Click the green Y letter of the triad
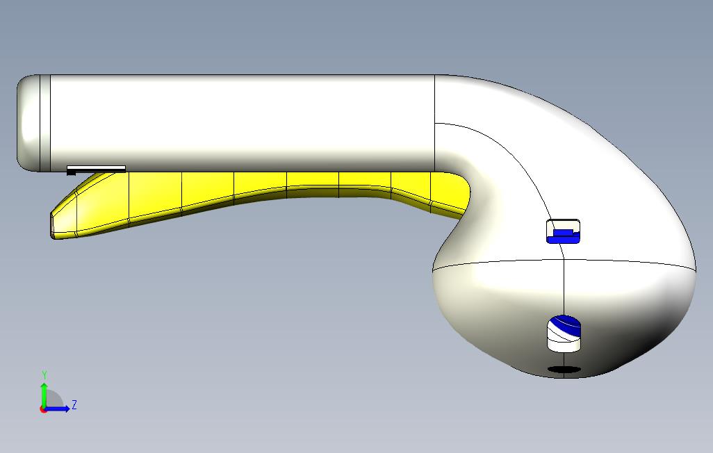(44, 375)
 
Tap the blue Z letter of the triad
(74, 404)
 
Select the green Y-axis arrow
(44, 393)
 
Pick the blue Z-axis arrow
(59, 409)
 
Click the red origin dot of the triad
(43, 409)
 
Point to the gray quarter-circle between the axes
(54, 400)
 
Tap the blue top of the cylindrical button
(564, 324)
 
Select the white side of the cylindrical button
(564, 342)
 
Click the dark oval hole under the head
(564, 370)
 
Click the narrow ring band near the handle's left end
(45, 122)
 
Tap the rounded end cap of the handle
(28, 122)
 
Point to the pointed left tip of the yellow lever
(53, 226)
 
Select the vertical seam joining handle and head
(435, 122)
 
